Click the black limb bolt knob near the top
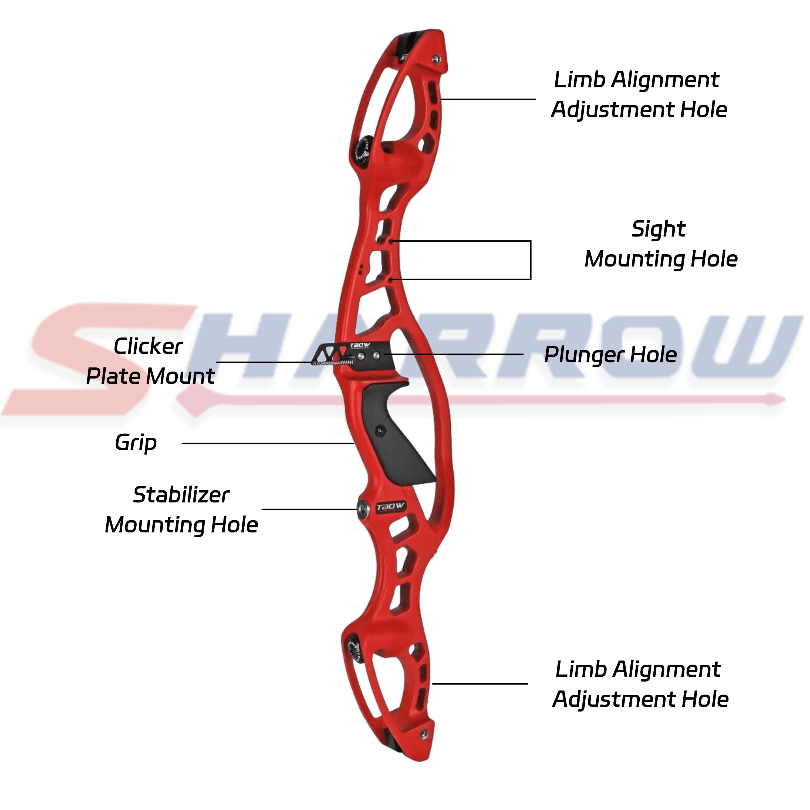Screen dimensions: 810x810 pos(362,150)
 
